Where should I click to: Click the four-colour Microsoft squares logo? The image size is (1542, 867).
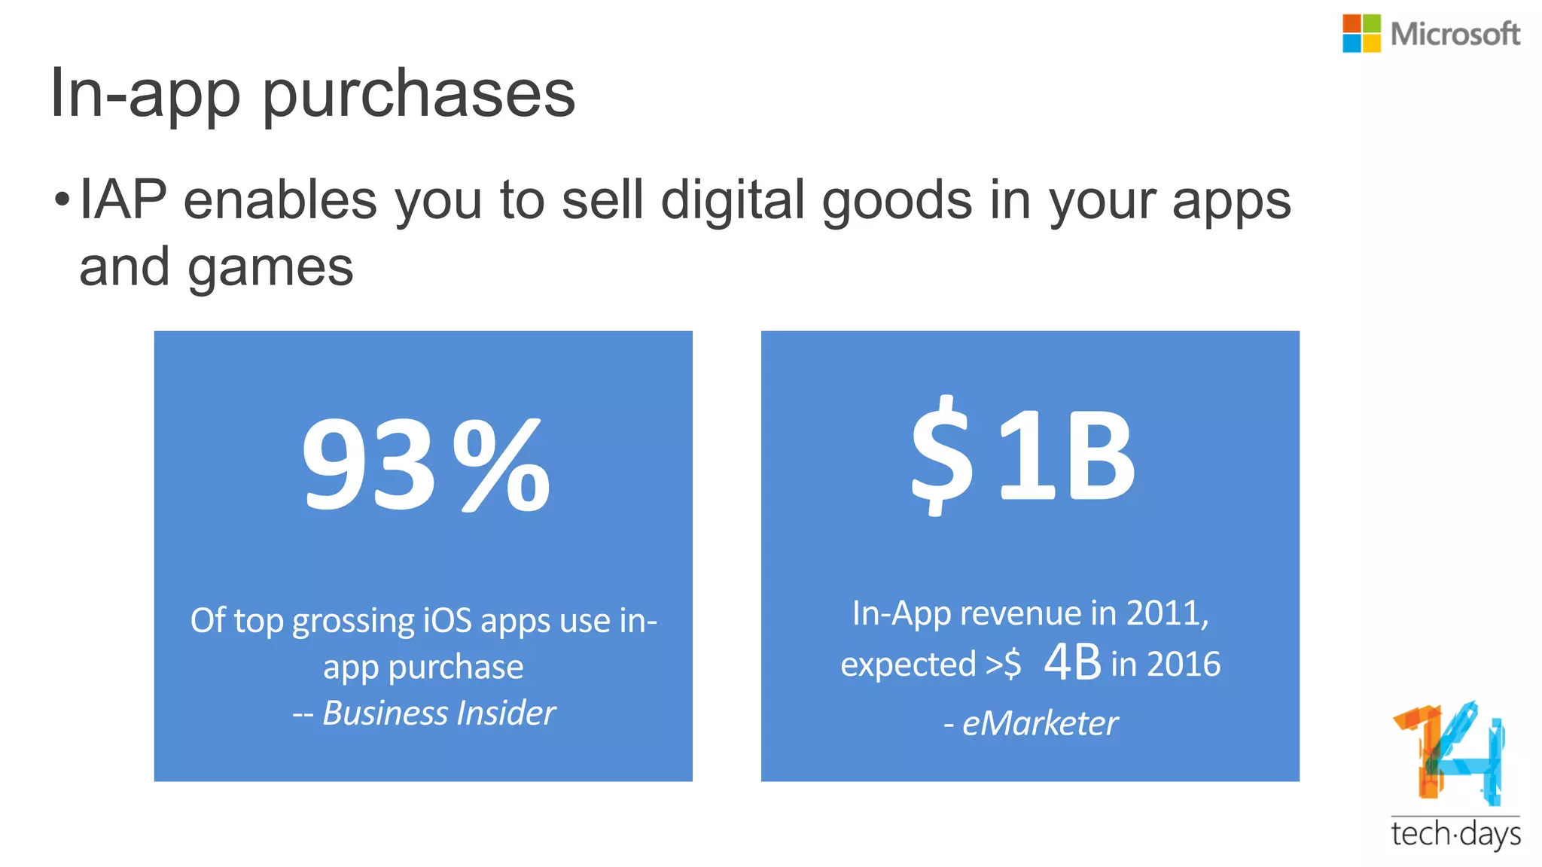click(x=1361, y=34)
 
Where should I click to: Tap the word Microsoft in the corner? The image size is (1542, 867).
click(x=1455, y=35)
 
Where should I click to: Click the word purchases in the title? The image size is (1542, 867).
click(x=419, y=95)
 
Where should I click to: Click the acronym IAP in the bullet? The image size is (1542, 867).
click(x=123, y=200)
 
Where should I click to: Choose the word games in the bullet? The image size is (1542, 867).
click(x=270, y=269)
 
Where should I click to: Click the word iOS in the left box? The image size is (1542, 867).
click(x=447, y=621)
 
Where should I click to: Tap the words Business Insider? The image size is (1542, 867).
click(x=439, y=713)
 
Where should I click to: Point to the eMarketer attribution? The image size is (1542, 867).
click(x=1040, y=724)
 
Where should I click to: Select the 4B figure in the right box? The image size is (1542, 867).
click(x=1072, y=663)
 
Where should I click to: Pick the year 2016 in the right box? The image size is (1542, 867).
click(x=1183, y=665)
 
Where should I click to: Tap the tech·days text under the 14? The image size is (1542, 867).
click(x=1455, y=835)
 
